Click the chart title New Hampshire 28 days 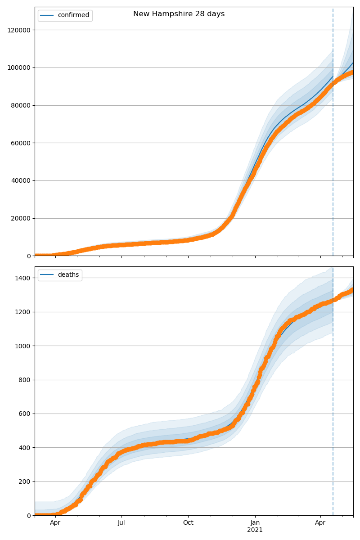pos(179,14)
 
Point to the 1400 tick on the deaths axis pos(23,278)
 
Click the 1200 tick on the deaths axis pos(23,312)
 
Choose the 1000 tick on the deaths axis pos(23,346)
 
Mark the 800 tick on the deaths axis pos(25,380)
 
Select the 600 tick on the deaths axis pos(25,414)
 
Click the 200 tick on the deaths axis pos(25,481)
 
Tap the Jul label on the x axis pos(121,523)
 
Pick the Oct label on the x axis pos(188,523)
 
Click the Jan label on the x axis pos(255,523)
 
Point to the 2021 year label pos(255,530)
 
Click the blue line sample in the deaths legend pos(47,275)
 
